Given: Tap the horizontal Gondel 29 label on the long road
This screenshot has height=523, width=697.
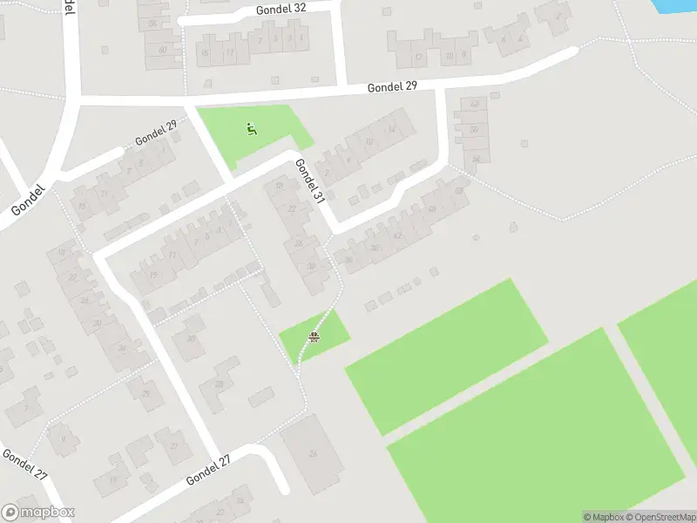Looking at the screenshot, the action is click(x=393, y=87).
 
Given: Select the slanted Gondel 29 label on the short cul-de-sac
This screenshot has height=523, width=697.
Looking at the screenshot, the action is click(x=156, y=133).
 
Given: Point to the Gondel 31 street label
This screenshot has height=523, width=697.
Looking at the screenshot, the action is click(x=309, y=181).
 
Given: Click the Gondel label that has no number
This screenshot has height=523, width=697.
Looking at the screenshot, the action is click(x=29, y=200).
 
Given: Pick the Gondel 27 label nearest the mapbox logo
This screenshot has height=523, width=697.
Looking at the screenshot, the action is click(x=24, y=465).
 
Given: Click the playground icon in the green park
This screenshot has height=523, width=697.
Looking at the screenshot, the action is click(x=252, y=130).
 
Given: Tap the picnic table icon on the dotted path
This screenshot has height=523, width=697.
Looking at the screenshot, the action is click(x=314, y=336).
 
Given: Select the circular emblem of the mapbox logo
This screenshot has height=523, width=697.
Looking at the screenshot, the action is click(x=10, y=513).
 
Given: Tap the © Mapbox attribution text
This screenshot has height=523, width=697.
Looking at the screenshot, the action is click(x=603, y=517).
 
